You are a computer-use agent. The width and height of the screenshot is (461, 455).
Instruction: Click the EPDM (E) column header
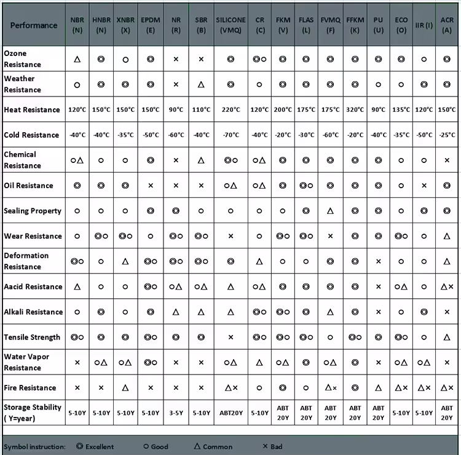click(x=151, y=25)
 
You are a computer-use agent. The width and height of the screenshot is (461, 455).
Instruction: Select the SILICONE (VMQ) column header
click(x=230, y=25)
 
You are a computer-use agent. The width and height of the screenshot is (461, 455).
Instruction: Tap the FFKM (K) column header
click(x=355, y=25)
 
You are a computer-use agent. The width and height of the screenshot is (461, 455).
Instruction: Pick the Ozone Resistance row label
click(x=23, y=59)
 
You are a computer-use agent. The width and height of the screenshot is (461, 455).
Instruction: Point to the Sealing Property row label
click(x=33, y=211)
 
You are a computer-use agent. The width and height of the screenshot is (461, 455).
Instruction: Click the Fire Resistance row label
click(x=30, y=388)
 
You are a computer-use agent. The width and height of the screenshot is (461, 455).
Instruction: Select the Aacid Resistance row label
click(x=33, y=287)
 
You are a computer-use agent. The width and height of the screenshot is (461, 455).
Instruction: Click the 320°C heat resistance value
click(x=355, y=110)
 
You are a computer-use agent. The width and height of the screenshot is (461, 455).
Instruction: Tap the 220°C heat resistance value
click(x=230, y=110)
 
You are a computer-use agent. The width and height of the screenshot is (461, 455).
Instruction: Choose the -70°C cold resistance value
click(x=230, y=135)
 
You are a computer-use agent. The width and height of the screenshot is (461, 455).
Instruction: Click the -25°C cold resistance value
click(x=447, y=135)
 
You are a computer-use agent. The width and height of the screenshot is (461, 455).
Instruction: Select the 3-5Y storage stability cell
click(x=176, y=413)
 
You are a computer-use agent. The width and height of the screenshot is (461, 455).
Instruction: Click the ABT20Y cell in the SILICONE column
click(x=230, y=413)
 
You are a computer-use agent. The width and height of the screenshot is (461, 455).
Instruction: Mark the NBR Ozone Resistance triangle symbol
click(x=77, y=60)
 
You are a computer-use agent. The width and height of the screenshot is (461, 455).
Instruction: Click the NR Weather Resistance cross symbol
click(x=176, y=85)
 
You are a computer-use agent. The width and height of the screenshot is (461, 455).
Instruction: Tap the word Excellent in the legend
click(x=100, y=446)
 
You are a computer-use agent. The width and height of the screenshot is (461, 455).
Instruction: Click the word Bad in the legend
click(x=276, y=446)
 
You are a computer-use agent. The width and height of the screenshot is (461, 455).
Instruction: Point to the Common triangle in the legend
click(x=197, y=446)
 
